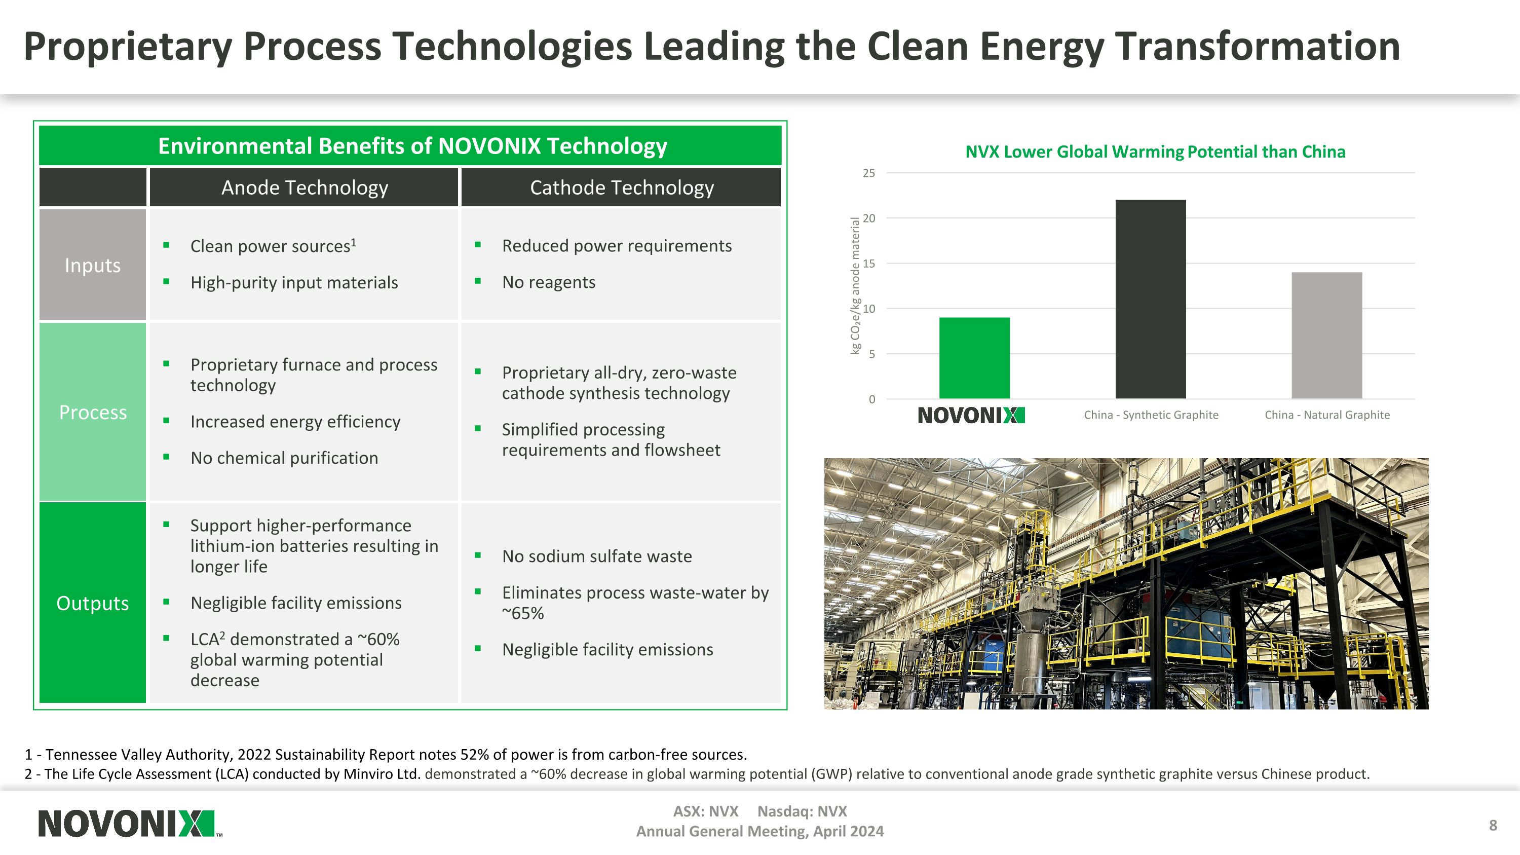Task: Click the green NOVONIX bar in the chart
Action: (x=974, y=358)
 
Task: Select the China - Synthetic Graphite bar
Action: (x=1150, y=299)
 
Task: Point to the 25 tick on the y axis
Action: (x=868, y=173)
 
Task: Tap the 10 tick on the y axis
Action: (x=868, y=309)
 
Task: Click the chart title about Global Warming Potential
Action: (x=1155, y=152)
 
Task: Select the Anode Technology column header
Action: (x=305, y=188)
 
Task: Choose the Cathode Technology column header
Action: (x=621, y=188)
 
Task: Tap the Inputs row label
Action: (x=93, y=265)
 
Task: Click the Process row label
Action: (x=93, y=412)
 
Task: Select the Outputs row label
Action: (x=93, y=603)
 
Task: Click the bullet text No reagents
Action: (x=548, y=282)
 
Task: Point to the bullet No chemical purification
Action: (x=284, y=458)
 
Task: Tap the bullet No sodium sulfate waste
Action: (x=596, y=556)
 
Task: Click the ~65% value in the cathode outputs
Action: (x=523, y=613)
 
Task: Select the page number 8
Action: (x=1492, y=825)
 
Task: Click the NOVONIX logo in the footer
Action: (x=127, y=823)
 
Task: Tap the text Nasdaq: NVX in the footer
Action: (x=802, y=811)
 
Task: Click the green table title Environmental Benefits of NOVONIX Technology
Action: (x=412, y=146)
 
